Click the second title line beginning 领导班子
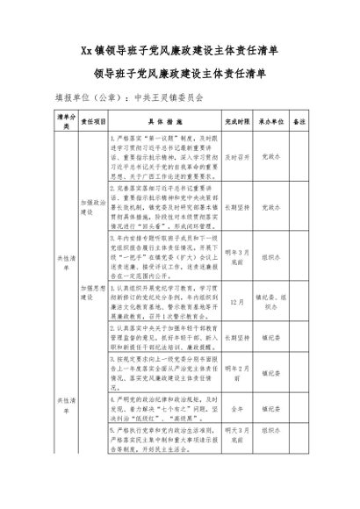coord(179,74)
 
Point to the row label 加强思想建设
coord(92,289)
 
